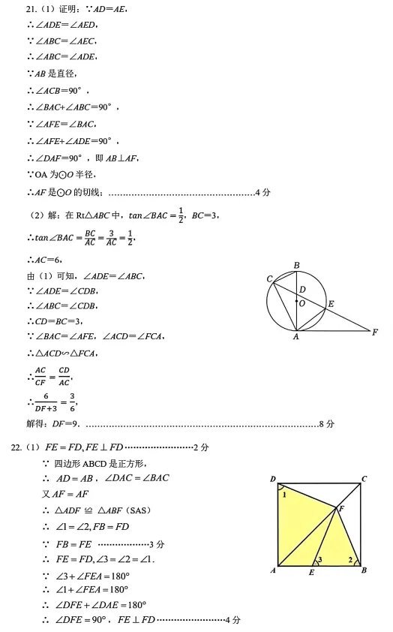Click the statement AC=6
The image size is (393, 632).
click(x=47, y=260)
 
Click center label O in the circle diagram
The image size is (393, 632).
click(x=301, y=304)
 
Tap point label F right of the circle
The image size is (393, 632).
click(x=375, y=331)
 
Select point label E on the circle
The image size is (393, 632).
click(x=331, y=304)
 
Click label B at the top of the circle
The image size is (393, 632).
click(x=297, y=265)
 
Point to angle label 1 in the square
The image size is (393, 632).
click(x=285, y=495)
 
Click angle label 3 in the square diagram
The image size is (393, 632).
click(x=320, y=560)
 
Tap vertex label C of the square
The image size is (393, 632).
click(x=364, y=478)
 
